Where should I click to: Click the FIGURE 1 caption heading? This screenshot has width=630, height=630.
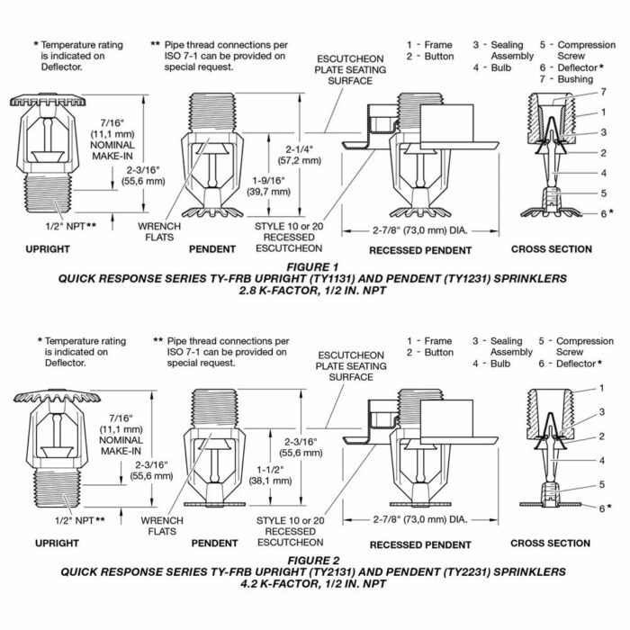point(315,267)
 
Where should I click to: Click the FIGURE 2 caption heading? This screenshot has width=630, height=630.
point(315,559)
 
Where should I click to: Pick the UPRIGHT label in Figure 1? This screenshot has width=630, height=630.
point(49,249)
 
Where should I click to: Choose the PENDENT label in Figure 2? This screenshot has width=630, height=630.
point(214,544)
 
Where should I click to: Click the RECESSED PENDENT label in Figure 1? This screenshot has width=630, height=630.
point(420,249)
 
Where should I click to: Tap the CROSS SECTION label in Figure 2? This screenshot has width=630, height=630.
point(551,544)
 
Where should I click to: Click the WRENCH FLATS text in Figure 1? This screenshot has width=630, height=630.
point(158,232)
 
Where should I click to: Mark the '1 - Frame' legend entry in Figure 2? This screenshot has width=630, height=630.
point(428,341)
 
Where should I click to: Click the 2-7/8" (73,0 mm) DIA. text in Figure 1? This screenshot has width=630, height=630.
point(418,229)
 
